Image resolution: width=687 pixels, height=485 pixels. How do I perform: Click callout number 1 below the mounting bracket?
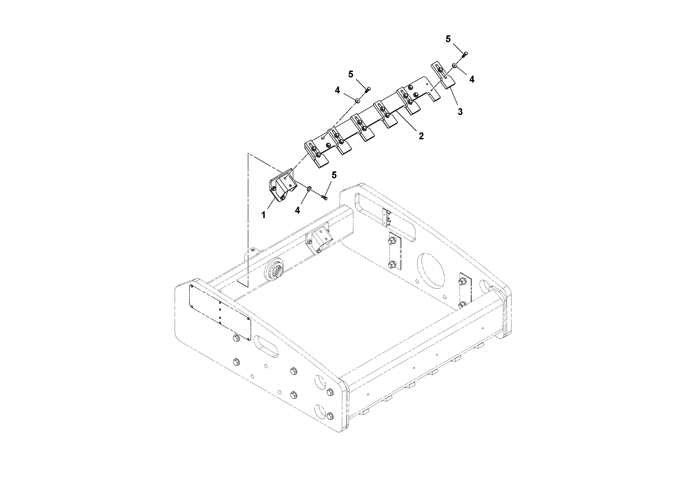pos(263,215)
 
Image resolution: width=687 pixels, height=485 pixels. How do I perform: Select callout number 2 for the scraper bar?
pos(421,136)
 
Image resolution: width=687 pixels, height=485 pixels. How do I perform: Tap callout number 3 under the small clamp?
pos(460,112)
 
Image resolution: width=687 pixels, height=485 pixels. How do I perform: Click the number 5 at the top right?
pos(448,39)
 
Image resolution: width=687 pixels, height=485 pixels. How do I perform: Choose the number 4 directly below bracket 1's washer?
pos(297,211)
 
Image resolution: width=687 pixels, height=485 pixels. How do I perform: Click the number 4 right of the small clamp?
pos(472,79)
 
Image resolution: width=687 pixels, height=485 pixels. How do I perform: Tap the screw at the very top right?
pos(465,54)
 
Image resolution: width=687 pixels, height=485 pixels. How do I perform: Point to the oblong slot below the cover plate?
pos(265,347)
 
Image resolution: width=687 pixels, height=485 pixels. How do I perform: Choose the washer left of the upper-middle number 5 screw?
pos(357,101)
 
